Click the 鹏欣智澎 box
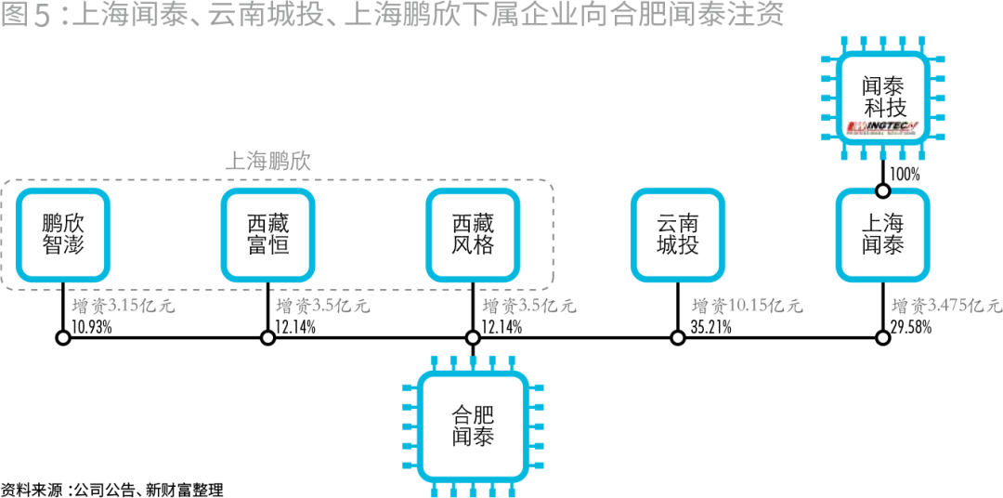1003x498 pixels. pos(63,235)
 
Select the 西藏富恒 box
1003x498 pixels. pos(267,235)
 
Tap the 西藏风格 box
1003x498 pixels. pos(473,235)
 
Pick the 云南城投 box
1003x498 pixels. pos(677,235)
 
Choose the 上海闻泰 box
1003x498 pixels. pos(882,235)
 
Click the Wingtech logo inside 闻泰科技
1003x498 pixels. pos(882,125)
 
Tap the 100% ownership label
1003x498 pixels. pos(905,174)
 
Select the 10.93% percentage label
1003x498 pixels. pos(91,326)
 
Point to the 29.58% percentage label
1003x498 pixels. pos(912,326)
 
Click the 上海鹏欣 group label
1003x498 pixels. pos(267,161)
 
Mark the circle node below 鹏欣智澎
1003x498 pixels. pos(63,337)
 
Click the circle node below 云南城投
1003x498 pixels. pos(677,337)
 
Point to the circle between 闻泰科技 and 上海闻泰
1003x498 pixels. pos(882,190)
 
